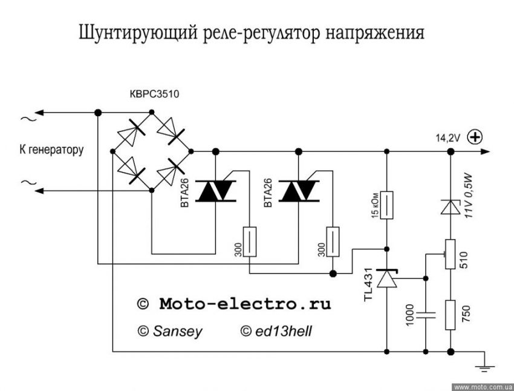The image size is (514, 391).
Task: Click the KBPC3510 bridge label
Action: coord(154,94)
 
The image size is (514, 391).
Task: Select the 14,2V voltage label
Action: coord(448,138)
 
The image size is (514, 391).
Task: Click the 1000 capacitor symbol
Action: coord(426,314)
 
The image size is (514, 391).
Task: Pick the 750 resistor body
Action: coord(450,315)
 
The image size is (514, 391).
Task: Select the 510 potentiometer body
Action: coord(450,254)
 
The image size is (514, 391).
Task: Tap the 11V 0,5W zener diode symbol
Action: coord(450,207)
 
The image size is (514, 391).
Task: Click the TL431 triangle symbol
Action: coord(387,278)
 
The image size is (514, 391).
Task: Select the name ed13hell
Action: coord(282,331)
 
